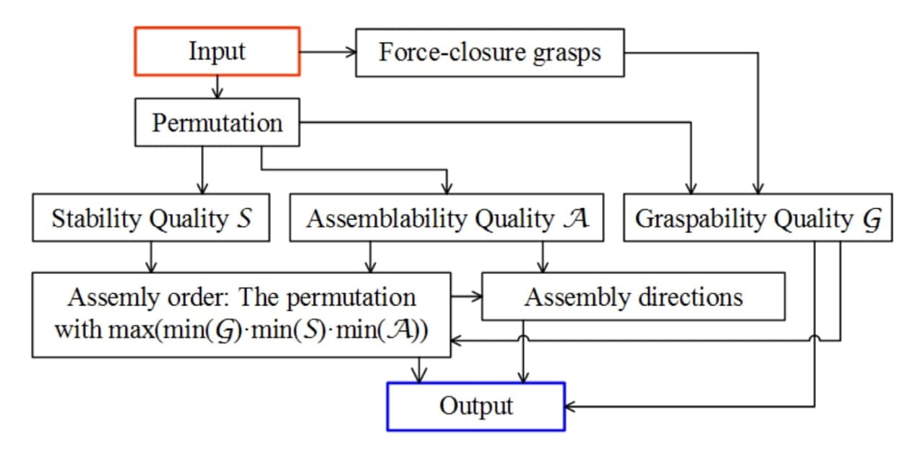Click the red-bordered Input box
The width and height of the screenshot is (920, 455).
click(x=217, y=51)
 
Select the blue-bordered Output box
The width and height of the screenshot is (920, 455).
click(x=476, y=406)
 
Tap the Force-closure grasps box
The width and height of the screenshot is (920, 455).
click(x=489, y=52)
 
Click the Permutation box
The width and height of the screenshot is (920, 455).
click(x=217, y=122)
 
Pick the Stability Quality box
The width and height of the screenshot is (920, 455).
click(x=151, y=218)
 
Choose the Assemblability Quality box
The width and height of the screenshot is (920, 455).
click(x=447, y=218)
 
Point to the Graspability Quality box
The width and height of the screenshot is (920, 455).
click(x=758, y=218)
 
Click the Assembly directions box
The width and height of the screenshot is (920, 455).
click(x=633, y=296)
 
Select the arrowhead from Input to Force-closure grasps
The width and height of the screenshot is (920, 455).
click(x=351, y=52)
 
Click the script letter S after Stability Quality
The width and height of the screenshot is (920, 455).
click(x=244, y=218)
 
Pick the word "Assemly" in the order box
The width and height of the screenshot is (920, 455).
click(x=108, y=297)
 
